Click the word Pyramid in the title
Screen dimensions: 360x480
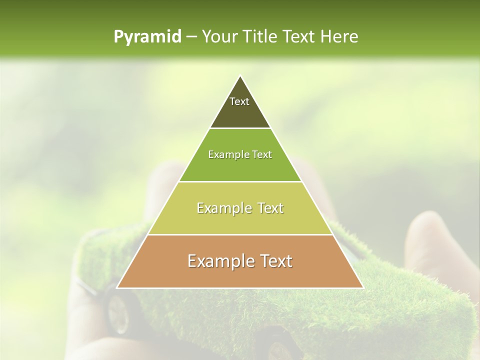coord(147,37)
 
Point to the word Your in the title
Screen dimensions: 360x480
coord(220,37)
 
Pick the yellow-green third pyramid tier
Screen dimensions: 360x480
coord(240,220)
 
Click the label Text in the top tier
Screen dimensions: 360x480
coord(239,101)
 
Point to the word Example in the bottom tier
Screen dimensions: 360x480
coord(219,261)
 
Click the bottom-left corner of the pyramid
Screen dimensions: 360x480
coord(117,287)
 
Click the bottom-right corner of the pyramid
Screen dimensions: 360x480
coord(362,287)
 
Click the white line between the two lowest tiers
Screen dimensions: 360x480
coord(240,234)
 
